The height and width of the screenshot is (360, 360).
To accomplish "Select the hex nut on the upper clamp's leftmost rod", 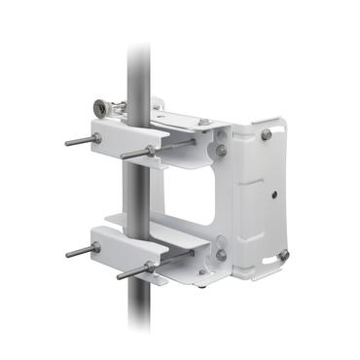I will pyautogui.click(x=96, y=138).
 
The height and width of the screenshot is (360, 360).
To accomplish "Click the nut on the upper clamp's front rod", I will pyautogui.click(x=150, y=151).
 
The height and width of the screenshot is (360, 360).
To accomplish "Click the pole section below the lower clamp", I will pyautogui.click(x=138, y=311).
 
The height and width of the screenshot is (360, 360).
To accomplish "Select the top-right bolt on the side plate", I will pyautogui.click(x=266, y=134).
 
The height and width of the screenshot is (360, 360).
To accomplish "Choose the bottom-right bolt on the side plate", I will pyautogui.click(x=282, y=255).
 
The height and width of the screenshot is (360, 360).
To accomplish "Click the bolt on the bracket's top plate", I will pyautogui.click(x=203, y=123).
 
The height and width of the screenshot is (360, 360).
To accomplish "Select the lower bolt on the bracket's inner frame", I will pyautogui.click(x=222, y=255).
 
